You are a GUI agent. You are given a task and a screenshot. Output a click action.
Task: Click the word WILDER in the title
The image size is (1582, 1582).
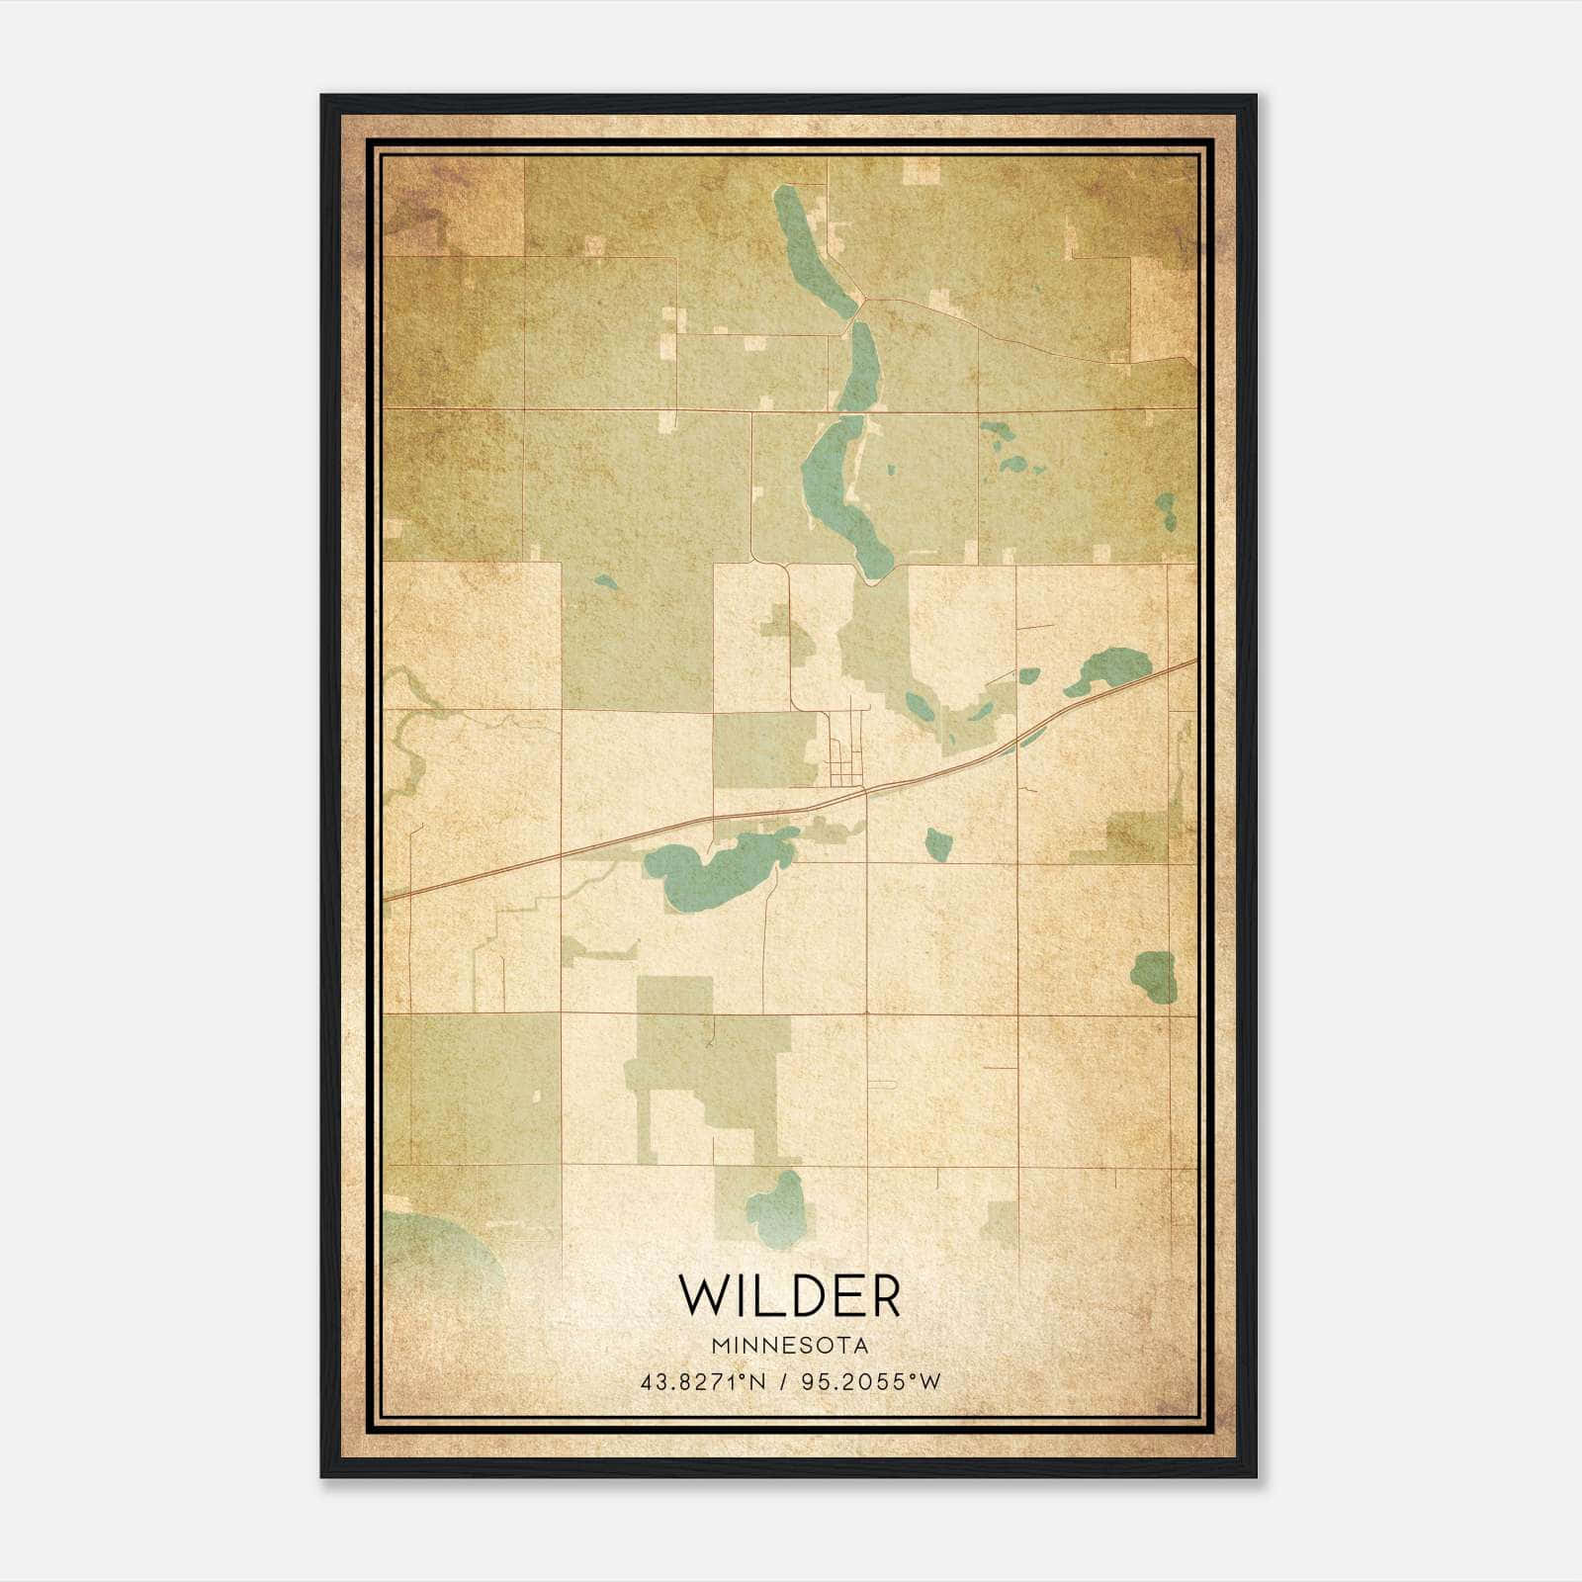[789, 1296]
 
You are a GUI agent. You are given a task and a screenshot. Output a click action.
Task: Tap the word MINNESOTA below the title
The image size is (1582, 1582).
[789, 1346]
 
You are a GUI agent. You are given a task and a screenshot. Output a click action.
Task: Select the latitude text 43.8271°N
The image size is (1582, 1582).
[703, 1381]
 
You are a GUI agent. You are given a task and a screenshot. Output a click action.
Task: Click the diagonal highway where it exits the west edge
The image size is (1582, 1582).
[392, 896]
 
